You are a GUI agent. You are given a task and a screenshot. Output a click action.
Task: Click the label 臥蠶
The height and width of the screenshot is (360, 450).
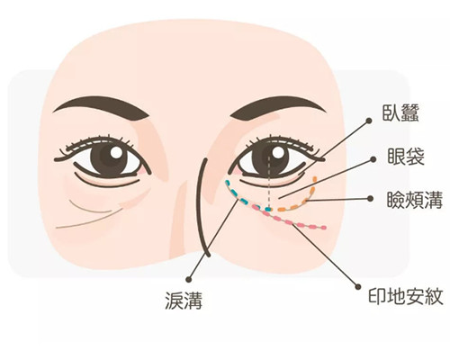click(400, 112)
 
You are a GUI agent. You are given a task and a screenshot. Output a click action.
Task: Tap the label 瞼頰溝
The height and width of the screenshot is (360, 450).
click(415, 200)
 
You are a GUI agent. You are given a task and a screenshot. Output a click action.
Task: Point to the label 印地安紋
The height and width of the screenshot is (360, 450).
click(406, 296)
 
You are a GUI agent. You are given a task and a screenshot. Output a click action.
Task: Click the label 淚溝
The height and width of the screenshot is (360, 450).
click(184, 300)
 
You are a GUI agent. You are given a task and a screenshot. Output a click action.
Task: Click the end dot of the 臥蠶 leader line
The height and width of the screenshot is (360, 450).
click(369, 121)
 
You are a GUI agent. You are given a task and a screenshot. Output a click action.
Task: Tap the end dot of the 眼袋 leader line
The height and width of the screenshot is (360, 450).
click(373, 159)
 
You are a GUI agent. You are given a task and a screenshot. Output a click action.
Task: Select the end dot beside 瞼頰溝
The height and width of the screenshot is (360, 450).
click(370, 199)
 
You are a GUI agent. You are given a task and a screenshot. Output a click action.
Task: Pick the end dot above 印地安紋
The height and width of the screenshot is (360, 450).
click(357, 286)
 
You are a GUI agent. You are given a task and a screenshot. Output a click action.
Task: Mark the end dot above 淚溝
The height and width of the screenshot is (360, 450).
click(189, 279)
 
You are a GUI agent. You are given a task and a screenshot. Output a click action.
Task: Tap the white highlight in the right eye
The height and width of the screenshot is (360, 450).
click(278, 153)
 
